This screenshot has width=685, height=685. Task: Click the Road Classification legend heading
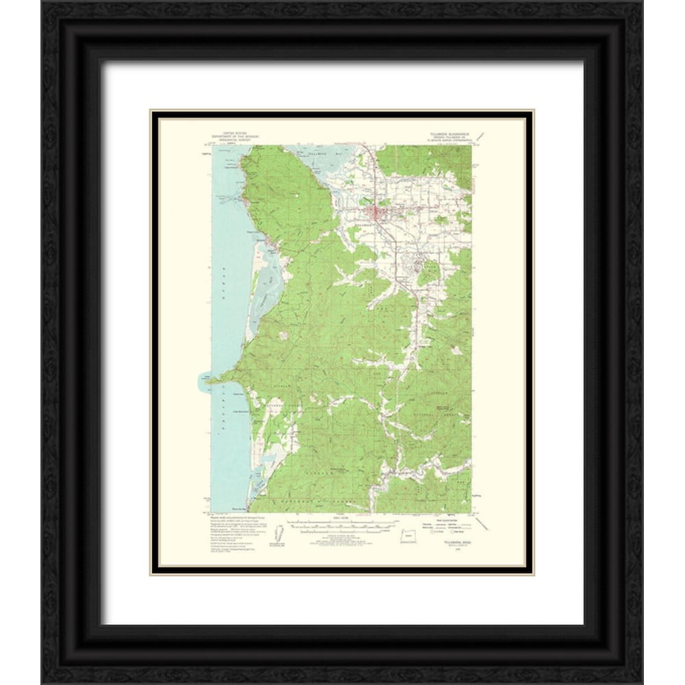pos(447,517)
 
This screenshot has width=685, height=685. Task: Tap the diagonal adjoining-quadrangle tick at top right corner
pos(482,136)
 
